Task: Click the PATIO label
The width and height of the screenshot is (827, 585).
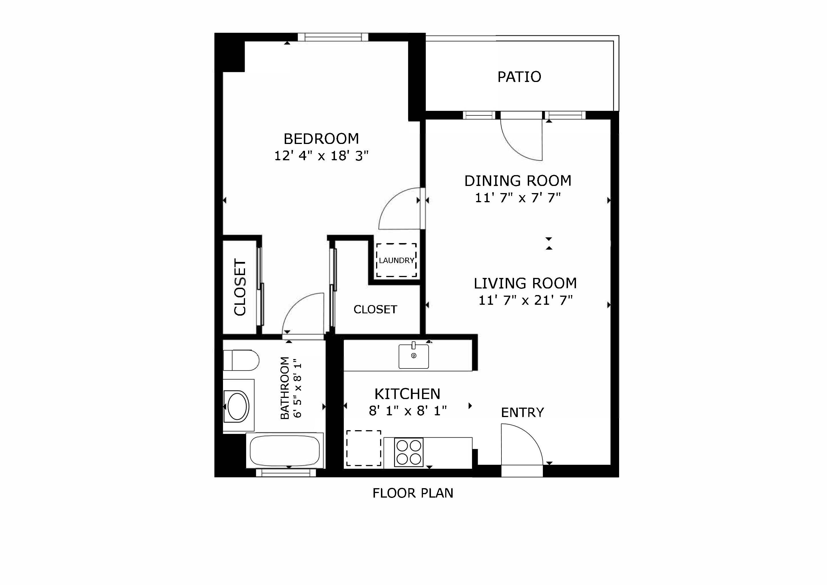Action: (x=519, y=77)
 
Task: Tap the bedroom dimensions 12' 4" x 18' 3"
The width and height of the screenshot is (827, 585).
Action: (x=321, y=156)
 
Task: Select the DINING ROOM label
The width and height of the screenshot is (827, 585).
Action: (x=518, y=181)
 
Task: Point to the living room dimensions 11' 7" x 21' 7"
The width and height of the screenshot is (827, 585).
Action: (x=525, y=300)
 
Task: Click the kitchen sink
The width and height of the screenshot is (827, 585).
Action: (x=413, y=356)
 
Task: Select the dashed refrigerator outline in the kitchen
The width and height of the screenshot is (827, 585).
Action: (x=364, y=448)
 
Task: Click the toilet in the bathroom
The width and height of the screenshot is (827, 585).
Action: (x=241, y=360)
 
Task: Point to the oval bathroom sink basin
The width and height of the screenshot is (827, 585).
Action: (x=237, y=406)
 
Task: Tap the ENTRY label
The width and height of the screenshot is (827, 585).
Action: (x=522, y=412)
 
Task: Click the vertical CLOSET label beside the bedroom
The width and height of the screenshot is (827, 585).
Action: (x=240, y=287)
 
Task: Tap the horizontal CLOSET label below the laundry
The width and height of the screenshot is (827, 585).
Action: (x=375, y=309)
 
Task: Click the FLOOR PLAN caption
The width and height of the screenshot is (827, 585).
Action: (x=413, y=493)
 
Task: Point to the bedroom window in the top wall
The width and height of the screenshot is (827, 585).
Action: (x=333, y=37)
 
